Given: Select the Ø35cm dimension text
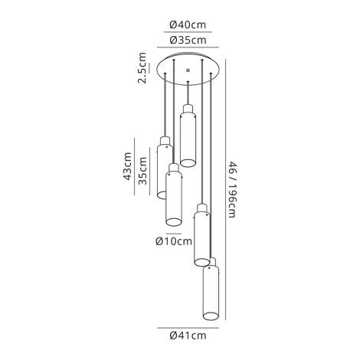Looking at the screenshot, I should (187, 40).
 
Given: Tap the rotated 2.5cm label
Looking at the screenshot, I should (142, 68).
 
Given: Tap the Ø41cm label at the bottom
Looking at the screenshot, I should (187, 334).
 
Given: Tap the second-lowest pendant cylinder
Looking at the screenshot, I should (203, 237).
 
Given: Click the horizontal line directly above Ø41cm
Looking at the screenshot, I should (187, 324).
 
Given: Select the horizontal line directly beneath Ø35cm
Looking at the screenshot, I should (187, 47).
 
